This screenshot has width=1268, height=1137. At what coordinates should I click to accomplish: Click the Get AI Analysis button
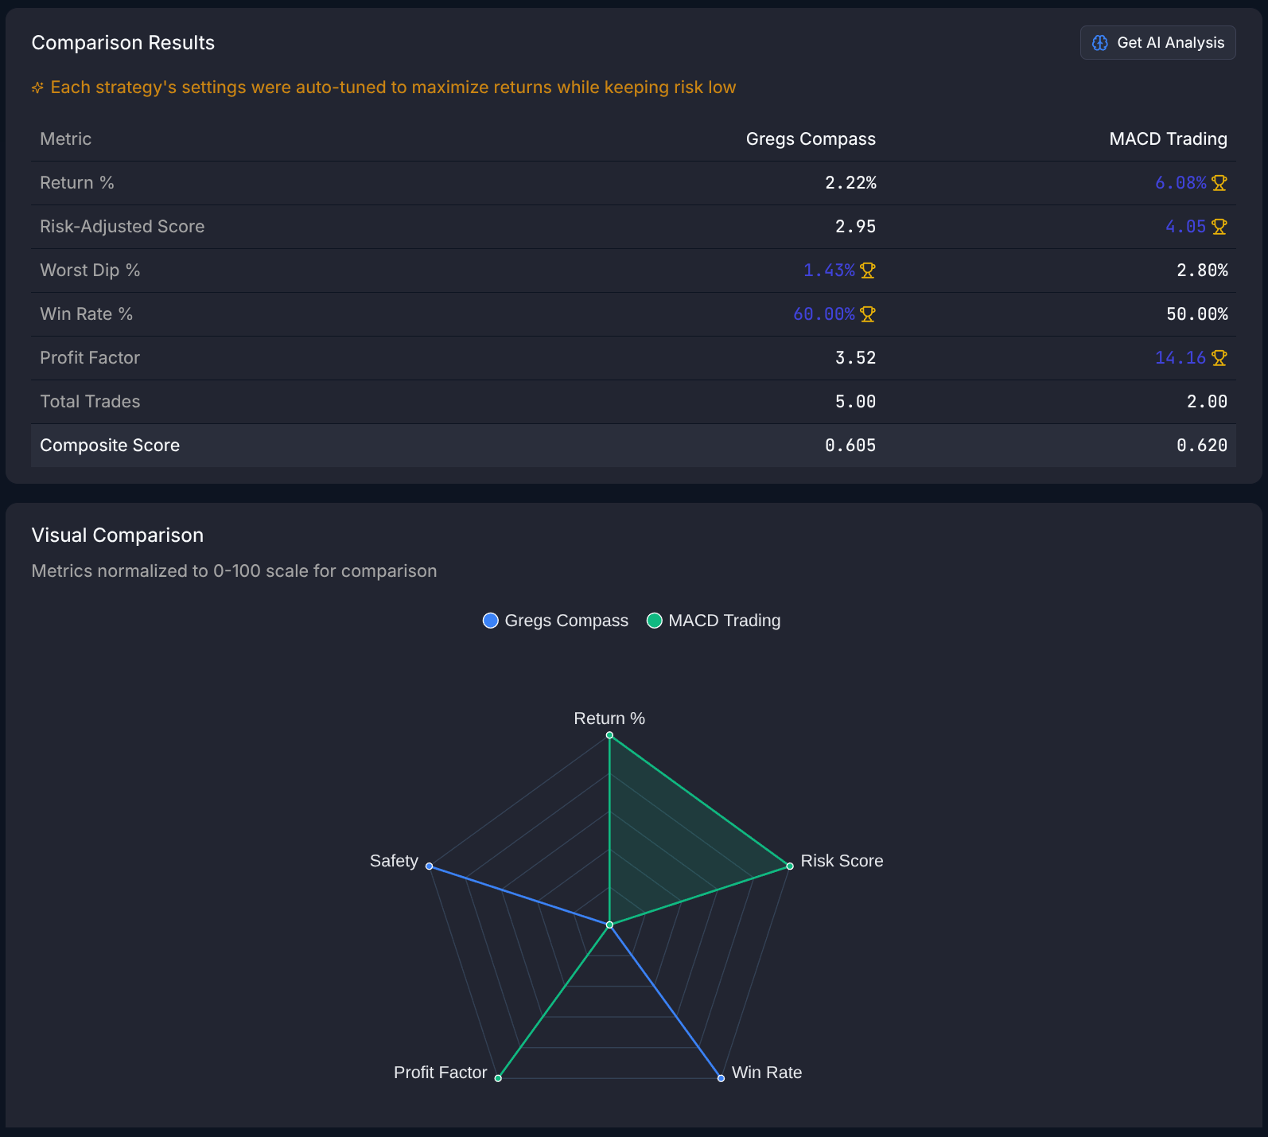click(1157, 43)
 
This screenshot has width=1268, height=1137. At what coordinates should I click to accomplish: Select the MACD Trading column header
click(1168, 139)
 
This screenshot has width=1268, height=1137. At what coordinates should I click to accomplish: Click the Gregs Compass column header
click(811, 139)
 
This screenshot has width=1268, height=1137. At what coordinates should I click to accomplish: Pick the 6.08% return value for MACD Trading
click(1180, 183)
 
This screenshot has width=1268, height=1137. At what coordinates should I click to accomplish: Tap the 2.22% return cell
click(850, 183)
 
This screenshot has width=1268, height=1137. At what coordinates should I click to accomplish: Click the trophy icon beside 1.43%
click(868, 271)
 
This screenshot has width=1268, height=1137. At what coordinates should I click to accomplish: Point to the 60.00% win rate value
click(824, 314)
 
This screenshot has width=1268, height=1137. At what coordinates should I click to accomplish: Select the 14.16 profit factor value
click(1180, 358)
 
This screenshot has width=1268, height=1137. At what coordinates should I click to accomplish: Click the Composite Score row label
click(110, 446)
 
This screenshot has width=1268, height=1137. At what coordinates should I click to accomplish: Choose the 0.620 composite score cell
click(1202, 446)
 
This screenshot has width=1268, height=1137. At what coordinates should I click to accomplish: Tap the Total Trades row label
click(90, 402)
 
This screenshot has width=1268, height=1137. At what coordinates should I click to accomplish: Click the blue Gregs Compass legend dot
click(491, 621)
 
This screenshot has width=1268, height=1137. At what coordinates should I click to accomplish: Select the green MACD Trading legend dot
click(655, 621)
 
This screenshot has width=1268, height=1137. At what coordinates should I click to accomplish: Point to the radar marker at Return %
click(609, 735)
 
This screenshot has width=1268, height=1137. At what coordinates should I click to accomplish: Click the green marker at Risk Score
click(790, 866)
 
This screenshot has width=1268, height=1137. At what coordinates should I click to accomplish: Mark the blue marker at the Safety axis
click(429, 866)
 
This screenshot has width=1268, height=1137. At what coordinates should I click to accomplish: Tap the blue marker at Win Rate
click(721, 1078)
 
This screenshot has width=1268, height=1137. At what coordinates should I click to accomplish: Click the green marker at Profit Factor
click(498, 1078)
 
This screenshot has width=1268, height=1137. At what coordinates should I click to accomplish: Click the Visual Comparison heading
click(118, 535)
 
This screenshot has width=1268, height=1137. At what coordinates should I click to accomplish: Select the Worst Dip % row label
click(90, 271)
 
